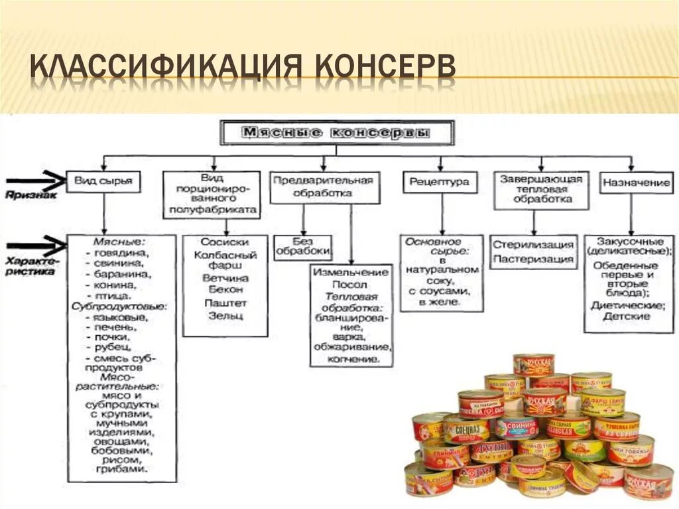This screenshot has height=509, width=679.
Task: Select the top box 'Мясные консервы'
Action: coord(338,133)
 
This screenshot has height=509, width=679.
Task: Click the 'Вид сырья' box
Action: coord(103,181)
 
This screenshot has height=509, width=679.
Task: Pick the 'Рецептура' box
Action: coord(440,181)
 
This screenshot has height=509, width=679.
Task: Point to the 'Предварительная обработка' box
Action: coord(324,187)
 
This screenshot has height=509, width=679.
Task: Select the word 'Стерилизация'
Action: coord(532,245)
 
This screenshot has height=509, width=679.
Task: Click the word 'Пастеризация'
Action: coord(532,259)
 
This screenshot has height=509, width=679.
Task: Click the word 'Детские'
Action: coord(626,317)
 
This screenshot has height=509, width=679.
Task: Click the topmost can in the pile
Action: coord(533,365)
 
